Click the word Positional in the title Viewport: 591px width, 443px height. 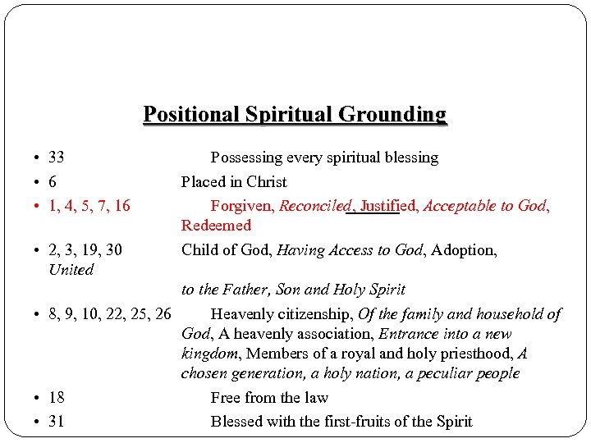click(x=183, y=113)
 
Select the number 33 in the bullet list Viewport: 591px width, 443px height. click(x=57, y=157)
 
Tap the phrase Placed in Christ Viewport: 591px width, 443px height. click(x=234, y=181)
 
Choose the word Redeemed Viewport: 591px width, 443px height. click(x=216, y=225)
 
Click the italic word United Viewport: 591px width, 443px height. click(x=71, y=269)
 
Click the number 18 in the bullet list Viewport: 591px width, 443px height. click(x=57, y=397)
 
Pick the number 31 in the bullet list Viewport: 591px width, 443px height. click(x=57, y=422)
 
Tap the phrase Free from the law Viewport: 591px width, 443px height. click(x=269, y=397)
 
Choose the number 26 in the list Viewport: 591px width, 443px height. click(x=162, y=313)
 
